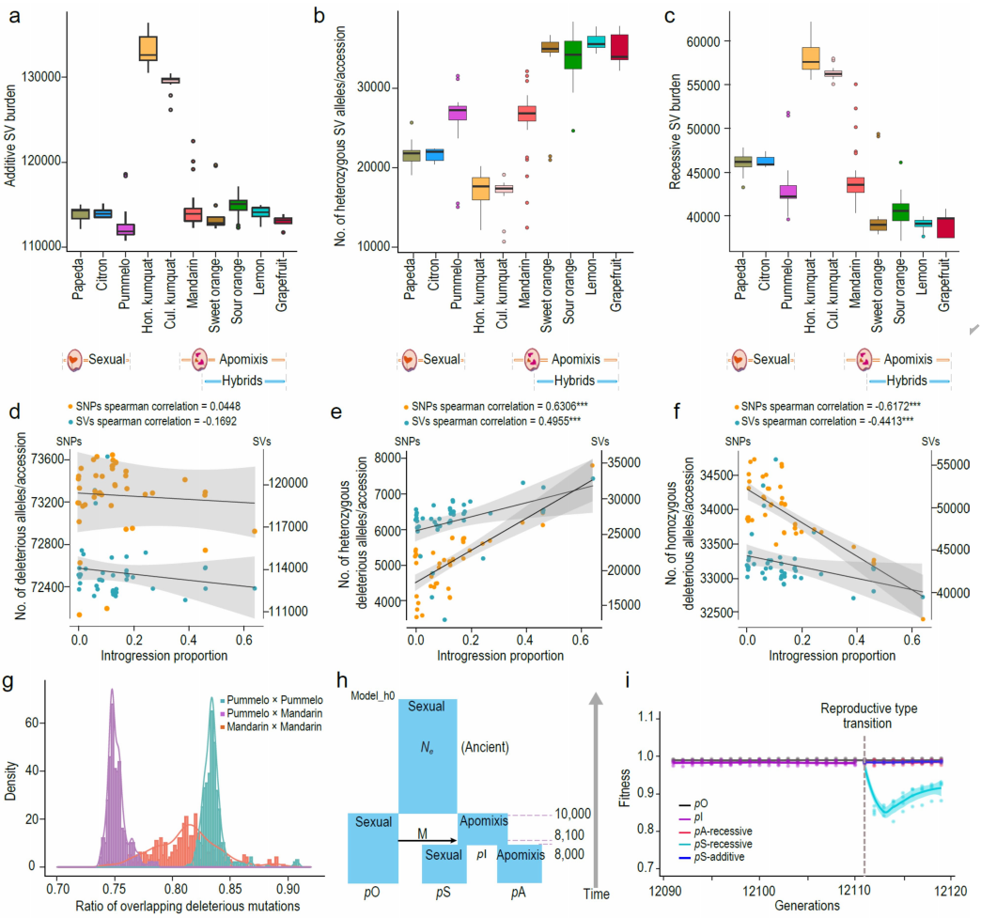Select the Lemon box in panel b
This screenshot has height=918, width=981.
[596, 41]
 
